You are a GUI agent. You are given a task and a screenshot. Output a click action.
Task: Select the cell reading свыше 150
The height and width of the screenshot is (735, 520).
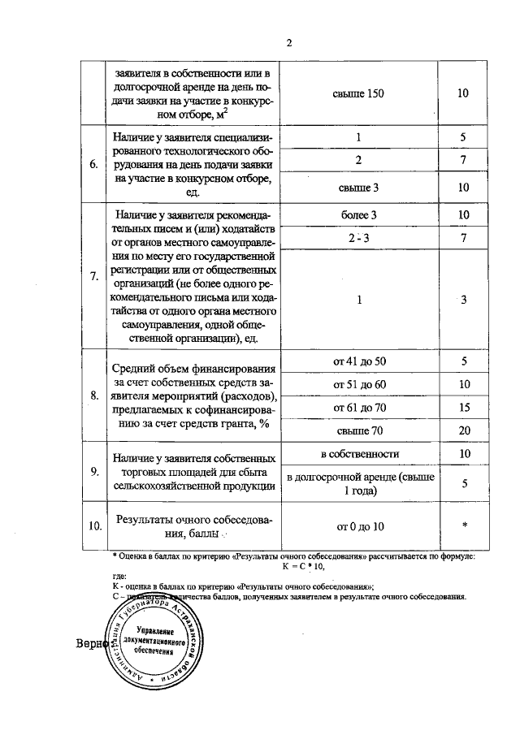[358, 93]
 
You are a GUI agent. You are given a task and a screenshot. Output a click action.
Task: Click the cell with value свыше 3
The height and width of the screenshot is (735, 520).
[358, 188]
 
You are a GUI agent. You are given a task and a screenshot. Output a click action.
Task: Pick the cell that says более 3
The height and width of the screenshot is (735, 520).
[358, 215]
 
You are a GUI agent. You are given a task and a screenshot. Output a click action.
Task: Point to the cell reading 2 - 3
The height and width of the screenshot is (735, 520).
[358, 238]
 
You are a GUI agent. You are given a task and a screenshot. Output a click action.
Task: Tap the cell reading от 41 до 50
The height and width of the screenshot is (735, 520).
[358, 361]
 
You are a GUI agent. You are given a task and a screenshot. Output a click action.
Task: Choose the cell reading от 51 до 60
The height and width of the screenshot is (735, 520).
[358, 384]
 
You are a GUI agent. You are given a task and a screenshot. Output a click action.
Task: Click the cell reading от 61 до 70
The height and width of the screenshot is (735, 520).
[358, 407]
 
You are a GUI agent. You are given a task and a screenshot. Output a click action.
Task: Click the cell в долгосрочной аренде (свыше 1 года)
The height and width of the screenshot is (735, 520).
[358, 484]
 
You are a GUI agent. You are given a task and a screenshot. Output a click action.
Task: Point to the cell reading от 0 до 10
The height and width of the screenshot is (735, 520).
[358, 526]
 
